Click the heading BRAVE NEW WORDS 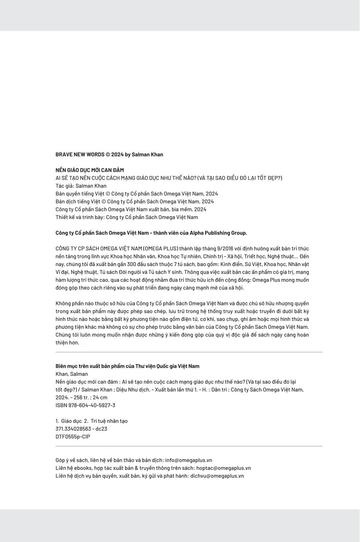click(x=80, y=154)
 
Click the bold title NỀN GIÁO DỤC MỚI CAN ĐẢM click(x=89, y=170)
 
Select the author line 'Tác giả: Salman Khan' click(x=81, y=186)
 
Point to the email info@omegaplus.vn click(x=189, y=460)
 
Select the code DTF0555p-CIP click(x=73, y=437)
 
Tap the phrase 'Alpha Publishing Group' click(x=218, y=233)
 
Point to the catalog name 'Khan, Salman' click(x=71, y=374)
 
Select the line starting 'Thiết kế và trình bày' click(x=126, y=217)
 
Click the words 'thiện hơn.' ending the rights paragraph click(x=67, y=343)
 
